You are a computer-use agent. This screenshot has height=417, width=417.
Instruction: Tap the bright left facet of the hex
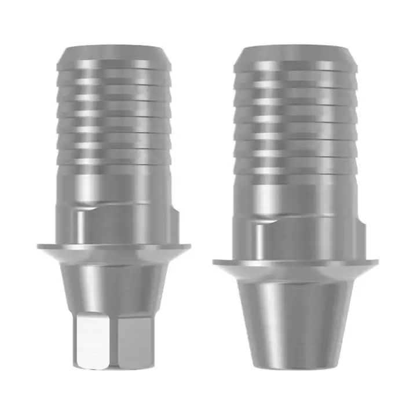point(93,342)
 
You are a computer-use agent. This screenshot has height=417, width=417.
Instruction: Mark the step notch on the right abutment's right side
point(363,219)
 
